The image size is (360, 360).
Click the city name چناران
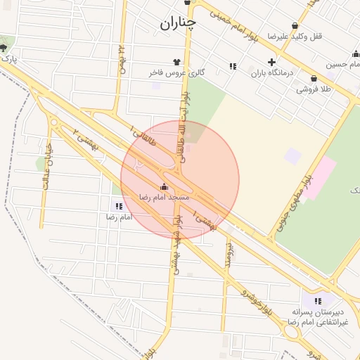coord(177,23)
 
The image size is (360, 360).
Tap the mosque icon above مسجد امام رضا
coord(165,186)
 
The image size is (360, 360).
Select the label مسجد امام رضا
coord(165,198)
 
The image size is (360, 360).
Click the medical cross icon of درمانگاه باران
coord(272,62)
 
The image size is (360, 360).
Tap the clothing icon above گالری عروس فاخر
coord(176,62)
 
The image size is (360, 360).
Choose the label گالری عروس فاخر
coord(176,72)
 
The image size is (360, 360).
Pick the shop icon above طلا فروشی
coord(313,78)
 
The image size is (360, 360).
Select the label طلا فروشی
coord(313,89)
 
